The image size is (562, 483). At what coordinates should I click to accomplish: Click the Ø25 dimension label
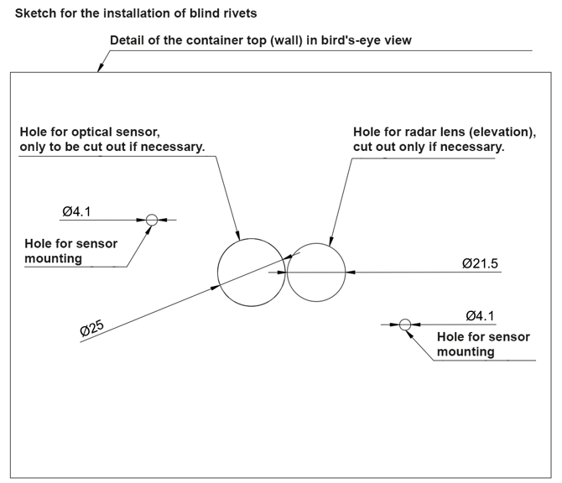(x=91, y=329)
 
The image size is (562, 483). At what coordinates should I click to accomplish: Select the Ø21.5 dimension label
(x=480, y=263)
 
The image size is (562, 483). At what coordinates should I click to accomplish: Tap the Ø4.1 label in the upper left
(x=76, y=212)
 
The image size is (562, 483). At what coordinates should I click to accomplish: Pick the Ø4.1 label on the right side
(x=480, y=315)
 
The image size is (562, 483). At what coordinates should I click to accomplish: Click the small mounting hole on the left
(x=151, y=221)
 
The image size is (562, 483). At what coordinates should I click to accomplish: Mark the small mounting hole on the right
(x=405, y=324)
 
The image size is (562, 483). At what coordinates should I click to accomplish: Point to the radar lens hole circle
(x=316, y=272)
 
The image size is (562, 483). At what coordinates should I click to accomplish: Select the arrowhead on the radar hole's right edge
(x=350, y=272)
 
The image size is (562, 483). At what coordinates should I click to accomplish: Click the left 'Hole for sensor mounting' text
(x=70, y=251)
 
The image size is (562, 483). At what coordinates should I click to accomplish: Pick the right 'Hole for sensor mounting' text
(x=483, y=344)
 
